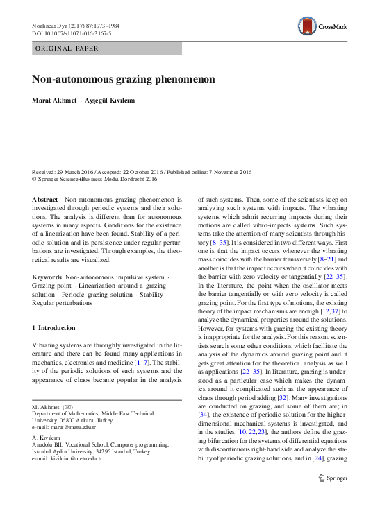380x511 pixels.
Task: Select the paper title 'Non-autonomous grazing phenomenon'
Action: click(x=123, y=79)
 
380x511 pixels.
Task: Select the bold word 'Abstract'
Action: click(x=46, y=198)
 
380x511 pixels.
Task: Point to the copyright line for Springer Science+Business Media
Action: click(x=95, y=179)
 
